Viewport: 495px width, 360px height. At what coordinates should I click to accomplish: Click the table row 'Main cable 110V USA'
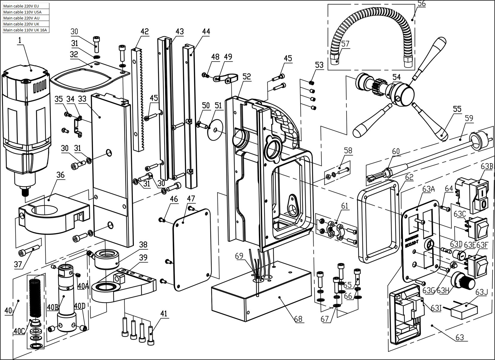tap(26, 12)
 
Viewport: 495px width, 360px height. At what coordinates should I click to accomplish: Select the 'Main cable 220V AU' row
tap(26, 18)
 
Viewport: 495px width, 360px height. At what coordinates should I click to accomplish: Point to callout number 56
tap(421, 4)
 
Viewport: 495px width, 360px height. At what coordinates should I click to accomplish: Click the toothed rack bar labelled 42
tap(138, 99)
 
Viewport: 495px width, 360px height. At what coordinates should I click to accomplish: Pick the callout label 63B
tap(487, 172)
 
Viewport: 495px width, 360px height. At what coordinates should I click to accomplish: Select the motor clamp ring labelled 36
tap(54, 213)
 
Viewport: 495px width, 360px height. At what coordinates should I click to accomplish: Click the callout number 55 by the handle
tap(457, 109)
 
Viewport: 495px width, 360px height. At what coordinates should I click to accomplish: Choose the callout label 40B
tap(53, 307)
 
